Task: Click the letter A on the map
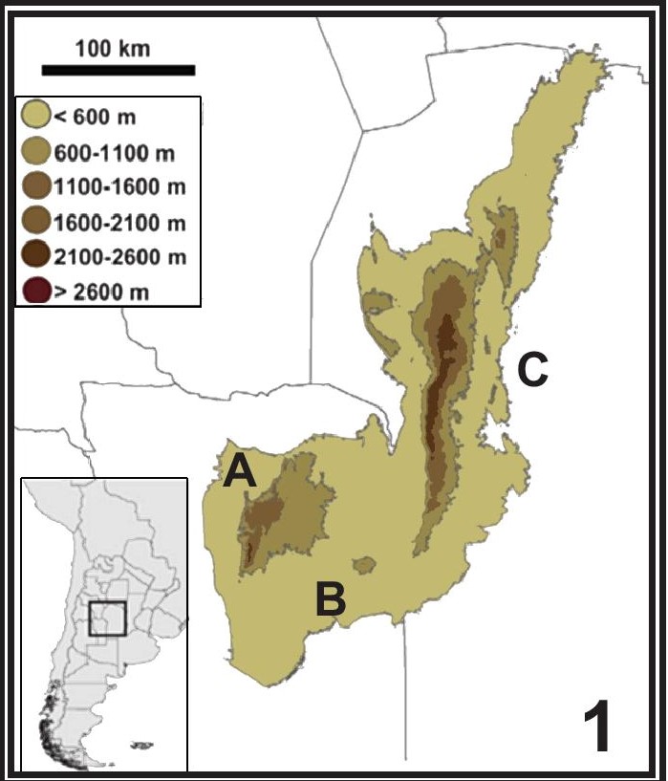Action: (x=240, y=471)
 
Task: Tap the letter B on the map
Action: (x=330, y=599)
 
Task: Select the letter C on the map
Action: (x=532, y=370)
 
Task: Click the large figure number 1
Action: (x=597, y=727)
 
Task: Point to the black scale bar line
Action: (x=119, y=70)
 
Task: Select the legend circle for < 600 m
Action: (x=36, y=118)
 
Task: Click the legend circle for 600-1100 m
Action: (x=36, y=152)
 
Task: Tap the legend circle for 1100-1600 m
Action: (x=36, y=186)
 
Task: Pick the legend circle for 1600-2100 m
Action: (x=36, y=222)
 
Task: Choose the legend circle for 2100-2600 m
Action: (x=36, y=256)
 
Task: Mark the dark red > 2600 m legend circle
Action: (x=36, y=290)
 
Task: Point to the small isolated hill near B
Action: (x=364, y=566)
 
